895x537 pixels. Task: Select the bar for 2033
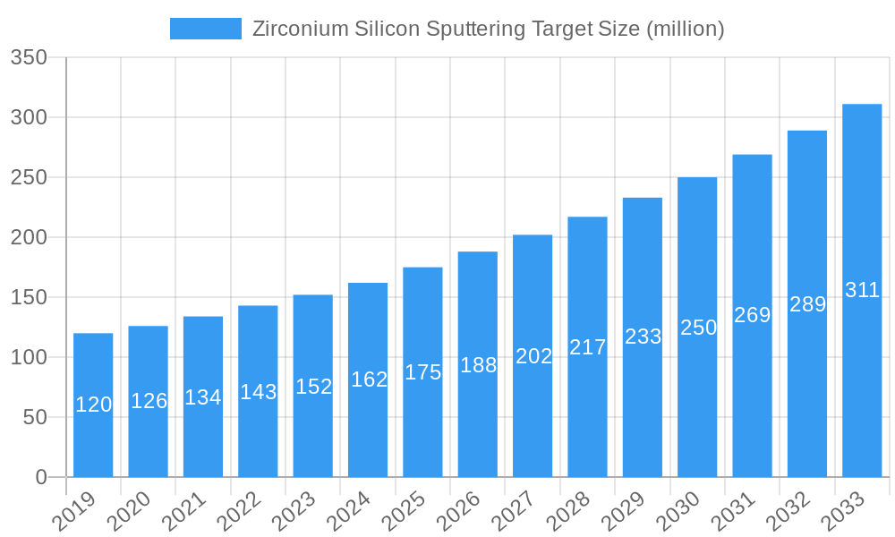[x=862, y=376]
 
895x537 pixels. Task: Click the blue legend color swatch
[x=205, y=29]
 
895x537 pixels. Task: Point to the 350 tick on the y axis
[x=29, y=58]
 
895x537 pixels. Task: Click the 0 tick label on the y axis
[x=41, y=477]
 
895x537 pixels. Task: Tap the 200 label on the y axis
[x=29, y=238]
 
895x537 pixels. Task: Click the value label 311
[x=862, y=290]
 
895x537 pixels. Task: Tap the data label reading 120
[x=93, y=405]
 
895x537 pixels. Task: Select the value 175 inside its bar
[x=422, y=372]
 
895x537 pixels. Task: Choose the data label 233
[x=643, y=337]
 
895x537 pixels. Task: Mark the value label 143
[x=258, y=392]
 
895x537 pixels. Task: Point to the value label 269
[x=752, y=315]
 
